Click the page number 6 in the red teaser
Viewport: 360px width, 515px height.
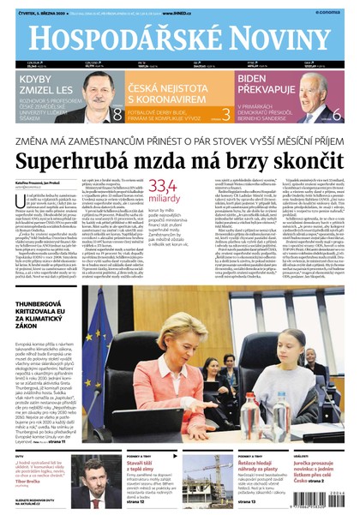(x=336, y=113)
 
